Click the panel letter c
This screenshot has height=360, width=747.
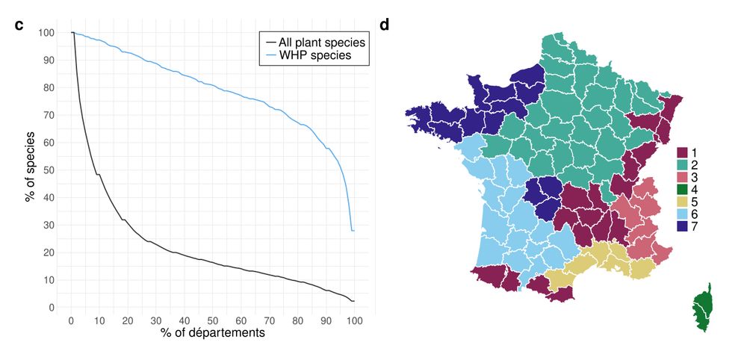coord(19,25)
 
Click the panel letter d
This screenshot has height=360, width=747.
coord(384,25)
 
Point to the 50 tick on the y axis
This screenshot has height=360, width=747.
coord(49,170)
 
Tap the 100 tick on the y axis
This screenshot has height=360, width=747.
coord(46,33)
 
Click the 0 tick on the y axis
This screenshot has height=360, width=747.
coord(52,308)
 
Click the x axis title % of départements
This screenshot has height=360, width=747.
coord(212,333)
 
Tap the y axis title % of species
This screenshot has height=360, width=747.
coord(30,170)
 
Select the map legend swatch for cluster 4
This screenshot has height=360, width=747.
coord(682,190)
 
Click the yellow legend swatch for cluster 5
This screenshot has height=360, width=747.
coord(682,202)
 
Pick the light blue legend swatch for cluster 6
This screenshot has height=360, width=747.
coord(682,214)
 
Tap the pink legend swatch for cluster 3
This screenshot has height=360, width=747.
coord(682,177)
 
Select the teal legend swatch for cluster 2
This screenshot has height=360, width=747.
coord(682,165)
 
